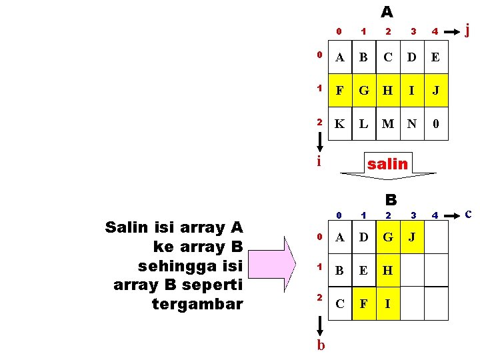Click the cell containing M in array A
click(387, 123)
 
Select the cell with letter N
click(412, 123)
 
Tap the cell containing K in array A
click(340, 123)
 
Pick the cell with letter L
click(363, 123)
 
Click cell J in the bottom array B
click(411, 237)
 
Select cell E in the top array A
click(435, 57)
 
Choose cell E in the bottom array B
click(363, 271)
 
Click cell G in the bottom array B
click(387, 237)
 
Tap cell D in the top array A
click(412, 57)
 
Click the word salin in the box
click(387, 163)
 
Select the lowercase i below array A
click(319, 161)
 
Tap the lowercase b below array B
click(321, 345)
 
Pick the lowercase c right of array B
click(468, 214)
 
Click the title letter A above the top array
click(387, 12)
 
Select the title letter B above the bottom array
click(391, 199)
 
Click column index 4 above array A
click(434, 31)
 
